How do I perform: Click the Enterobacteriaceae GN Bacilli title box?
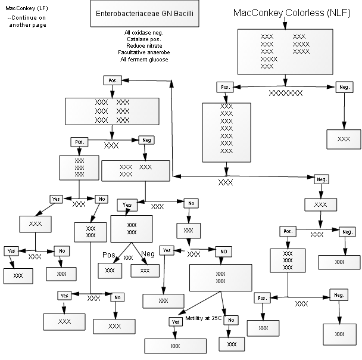tap(145, 14)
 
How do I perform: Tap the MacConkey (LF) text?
tap(27, 8)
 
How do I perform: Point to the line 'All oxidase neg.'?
tap(144, 33)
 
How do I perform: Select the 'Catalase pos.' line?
tap(144, 39)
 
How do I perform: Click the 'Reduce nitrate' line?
tap(144, 45)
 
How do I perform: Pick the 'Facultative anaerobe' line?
tap(144, 52)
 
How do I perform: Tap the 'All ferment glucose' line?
tap(144, 60)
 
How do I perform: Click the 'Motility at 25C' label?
tap(204, 318)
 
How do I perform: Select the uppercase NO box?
tap(223, 252)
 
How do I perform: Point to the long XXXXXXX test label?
tap(286, 93)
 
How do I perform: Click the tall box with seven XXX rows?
tap(226, 132)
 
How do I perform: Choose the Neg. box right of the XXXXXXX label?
tap(345, 87)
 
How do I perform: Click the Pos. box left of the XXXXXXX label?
tap(225, 87)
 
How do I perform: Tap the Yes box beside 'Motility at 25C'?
tap(176, 322)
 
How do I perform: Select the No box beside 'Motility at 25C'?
tap(231, 320)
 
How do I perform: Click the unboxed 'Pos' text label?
tap(109, 255)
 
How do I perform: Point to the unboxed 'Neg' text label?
tap(148, 254)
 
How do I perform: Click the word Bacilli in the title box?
tap(183, 13)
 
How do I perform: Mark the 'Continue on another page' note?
tap(27, 21)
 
